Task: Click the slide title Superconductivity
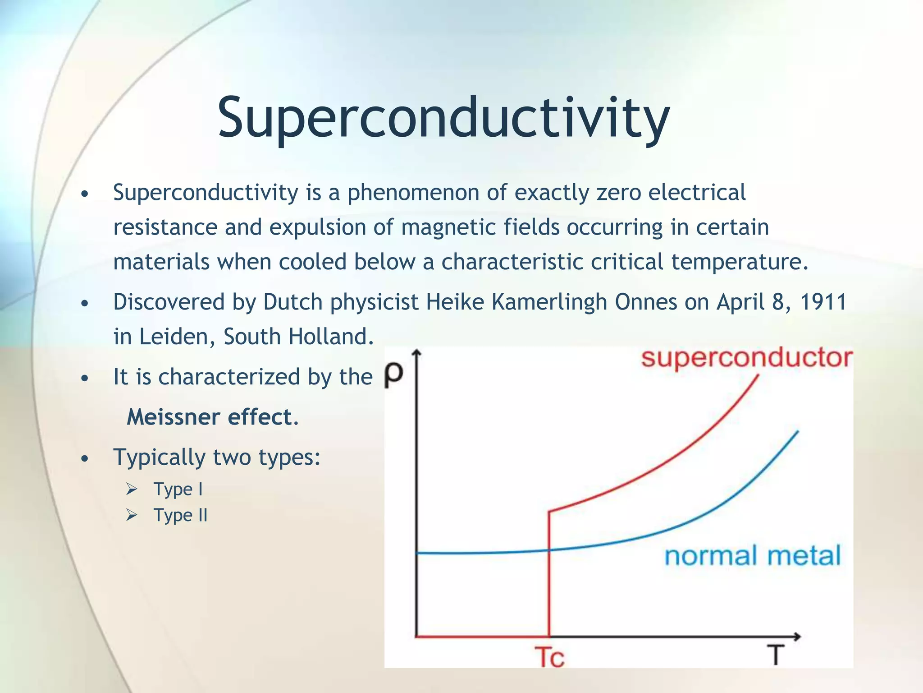coord(443,118)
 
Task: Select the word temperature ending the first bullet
coord(736,262)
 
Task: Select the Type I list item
coord(178,489)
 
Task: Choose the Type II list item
coord(180,515)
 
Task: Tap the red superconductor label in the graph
coord(746,358)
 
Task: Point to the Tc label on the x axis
coord(549,657)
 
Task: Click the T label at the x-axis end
coord(776,655)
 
